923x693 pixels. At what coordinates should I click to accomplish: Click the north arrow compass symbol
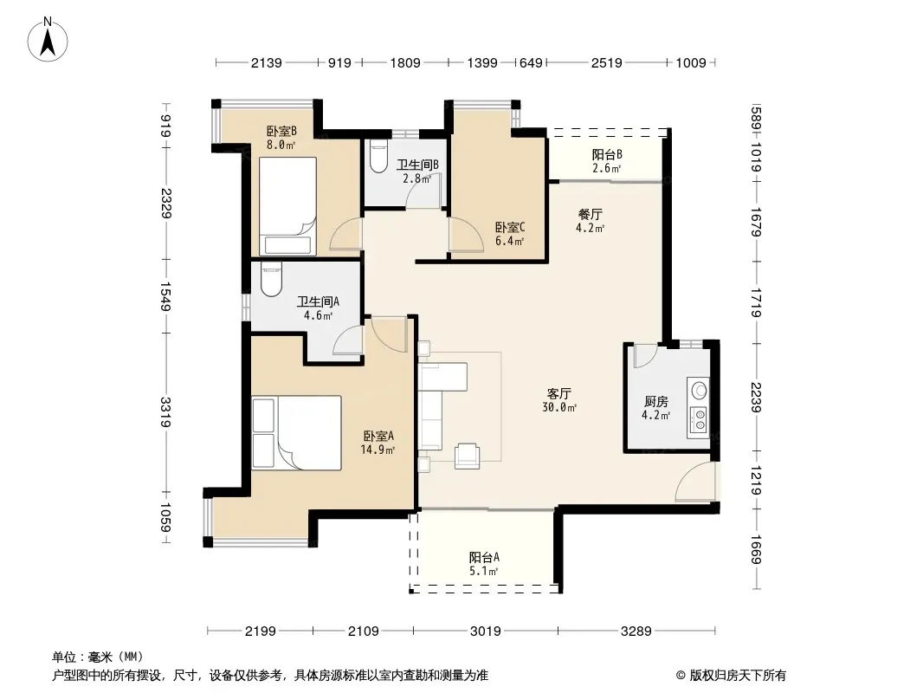(48, 39)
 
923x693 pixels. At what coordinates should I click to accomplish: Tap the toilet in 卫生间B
(378, 156)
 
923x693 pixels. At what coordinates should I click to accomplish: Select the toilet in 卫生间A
(271, 280)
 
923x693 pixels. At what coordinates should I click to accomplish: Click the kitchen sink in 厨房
(700, 390)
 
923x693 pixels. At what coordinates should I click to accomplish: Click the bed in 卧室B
(287, 206)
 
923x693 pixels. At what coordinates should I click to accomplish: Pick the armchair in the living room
(467, 456)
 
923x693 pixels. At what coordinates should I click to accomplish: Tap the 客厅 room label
(558, 393)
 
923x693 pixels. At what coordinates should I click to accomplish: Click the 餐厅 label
(590, 214)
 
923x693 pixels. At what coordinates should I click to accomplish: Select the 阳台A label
(485, 557)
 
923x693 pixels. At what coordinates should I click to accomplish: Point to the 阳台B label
(607, 154)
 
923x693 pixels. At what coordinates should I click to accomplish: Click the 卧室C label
(510, 227)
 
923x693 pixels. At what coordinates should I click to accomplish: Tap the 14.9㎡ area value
(378, 450)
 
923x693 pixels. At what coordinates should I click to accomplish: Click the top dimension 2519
(606, 62)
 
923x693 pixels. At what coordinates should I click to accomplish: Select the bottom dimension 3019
(485, 631)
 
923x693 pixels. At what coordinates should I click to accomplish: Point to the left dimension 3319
(166, 412)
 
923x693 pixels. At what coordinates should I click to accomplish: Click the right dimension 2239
(756, 398)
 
